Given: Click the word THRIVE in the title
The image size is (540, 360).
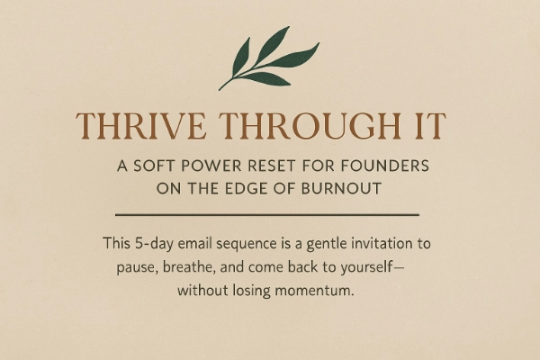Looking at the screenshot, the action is (141, 126).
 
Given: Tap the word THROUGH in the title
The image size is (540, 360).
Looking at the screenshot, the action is (310, 126).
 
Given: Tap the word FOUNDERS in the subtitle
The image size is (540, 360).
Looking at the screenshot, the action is (385, 166).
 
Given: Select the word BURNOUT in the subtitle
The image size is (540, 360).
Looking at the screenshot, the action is (341, 189).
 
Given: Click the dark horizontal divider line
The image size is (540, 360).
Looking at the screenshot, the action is (267, 214).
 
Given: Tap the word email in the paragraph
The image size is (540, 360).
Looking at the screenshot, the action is (195, 243).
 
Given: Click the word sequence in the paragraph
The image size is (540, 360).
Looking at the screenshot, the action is (247, 245).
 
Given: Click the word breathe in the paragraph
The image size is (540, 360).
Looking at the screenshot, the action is (189, 267).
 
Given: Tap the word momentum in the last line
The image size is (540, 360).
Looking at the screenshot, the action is (314, 291).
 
